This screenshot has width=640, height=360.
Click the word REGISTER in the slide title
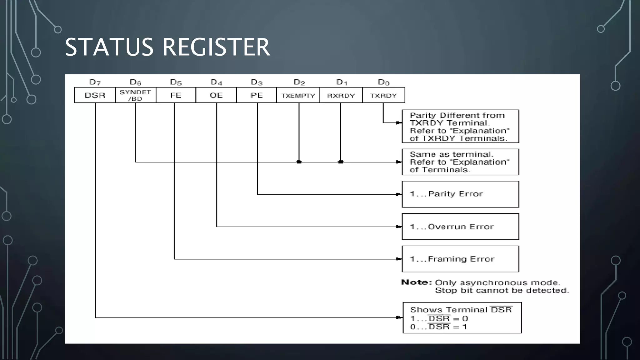(216, 47)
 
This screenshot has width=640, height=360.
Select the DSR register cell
(95, 95)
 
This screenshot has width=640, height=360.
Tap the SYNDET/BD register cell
(135, 95)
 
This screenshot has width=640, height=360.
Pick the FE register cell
(176, 95)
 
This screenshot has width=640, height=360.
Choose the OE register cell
(216, 95)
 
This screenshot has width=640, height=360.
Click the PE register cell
(257, 95)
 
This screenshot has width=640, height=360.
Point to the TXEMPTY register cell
(298, 95)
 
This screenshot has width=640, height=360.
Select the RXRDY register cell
(341, 95)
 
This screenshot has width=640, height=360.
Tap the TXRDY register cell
(383, 95)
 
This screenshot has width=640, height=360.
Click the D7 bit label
(95, 82)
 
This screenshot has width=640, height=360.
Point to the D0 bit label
(383, 82)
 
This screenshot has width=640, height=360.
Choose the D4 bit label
(216, 82)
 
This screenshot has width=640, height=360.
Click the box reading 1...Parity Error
(460, 194)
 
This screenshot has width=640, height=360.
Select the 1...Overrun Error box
(460, 227)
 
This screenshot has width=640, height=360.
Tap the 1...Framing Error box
(460, 259)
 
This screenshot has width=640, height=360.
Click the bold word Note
(416, 282)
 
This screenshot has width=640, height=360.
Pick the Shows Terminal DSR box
(462, 318)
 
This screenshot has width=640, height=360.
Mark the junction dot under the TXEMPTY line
(299, 162)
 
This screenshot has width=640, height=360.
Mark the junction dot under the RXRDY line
(341, 162)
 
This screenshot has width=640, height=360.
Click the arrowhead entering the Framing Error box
(399, 259)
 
